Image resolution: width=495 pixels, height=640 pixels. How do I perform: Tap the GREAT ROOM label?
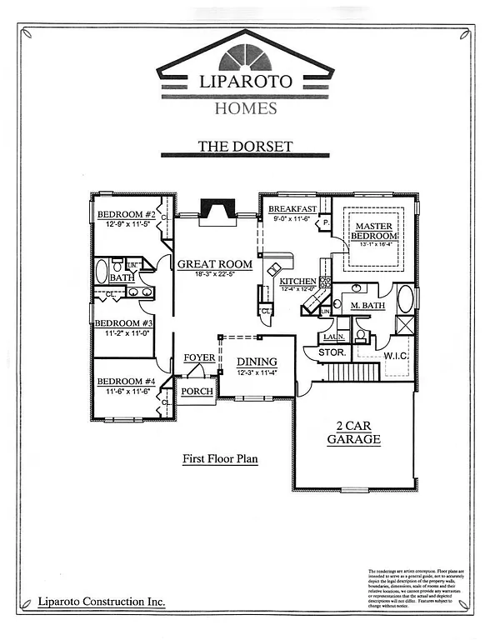pos(214,264)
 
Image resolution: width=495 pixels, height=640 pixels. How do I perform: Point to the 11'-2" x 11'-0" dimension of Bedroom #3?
pos(123,333)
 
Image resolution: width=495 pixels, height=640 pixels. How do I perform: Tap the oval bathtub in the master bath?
pos(406,298)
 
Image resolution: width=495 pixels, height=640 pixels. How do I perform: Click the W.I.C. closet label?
pos(394,357)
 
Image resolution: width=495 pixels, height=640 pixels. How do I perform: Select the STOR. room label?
pos(332,352)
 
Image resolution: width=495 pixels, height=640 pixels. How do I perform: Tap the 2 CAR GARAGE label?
pos(353,433)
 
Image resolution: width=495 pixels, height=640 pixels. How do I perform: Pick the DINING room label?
pos(257,362)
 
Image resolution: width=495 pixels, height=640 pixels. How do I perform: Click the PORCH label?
pos(197,391)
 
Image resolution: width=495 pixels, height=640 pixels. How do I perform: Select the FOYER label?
pos(199,357)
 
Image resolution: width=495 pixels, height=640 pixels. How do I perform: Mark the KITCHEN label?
pos(297,282)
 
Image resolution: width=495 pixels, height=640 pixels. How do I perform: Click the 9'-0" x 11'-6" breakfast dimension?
pos(292,219)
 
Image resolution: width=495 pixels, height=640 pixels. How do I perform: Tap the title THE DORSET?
pos(245,147)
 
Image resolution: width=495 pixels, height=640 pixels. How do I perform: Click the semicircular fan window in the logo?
pos(246,59)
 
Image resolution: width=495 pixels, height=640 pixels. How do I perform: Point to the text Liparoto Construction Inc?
pos(102,602)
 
